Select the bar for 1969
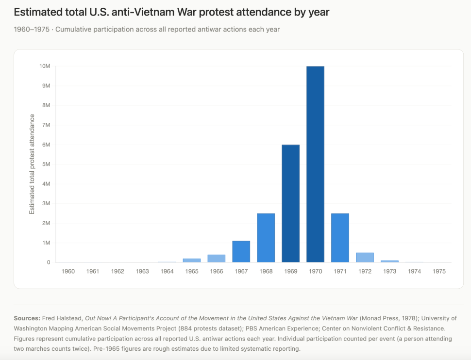[290, 203]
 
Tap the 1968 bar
[266, 238]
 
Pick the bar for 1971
[340, 238]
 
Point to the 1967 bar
[241, 251]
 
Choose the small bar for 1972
[365, 258]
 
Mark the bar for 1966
[216, 259]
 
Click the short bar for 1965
[192, 261]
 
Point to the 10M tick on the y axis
[45, 66]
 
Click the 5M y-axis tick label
[46, 164]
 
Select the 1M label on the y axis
[46, 243]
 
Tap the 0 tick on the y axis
[49, 262]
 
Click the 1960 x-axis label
[68, 272]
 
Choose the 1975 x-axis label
[439, 272]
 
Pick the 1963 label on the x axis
[142, 272]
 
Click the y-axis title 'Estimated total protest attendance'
[32, 164]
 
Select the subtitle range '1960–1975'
[32, 30]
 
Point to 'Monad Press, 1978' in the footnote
[388, 319]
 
